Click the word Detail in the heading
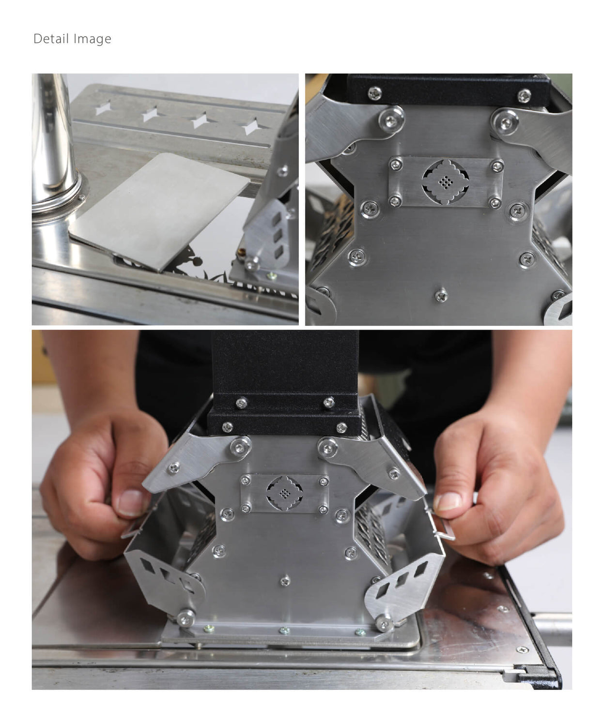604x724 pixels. pyautogui.click(x=51, y=39)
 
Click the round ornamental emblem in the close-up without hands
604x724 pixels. pyautogui.click(x=444, y=181)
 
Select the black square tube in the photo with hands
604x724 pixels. pyautogui.click(x=285, y=368)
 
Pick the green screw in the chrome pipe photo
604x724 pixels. pyautogui.click(x=272, y=276)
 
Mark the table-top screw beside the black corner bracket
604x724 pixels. pyautogui.click(x=522, y=649)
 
